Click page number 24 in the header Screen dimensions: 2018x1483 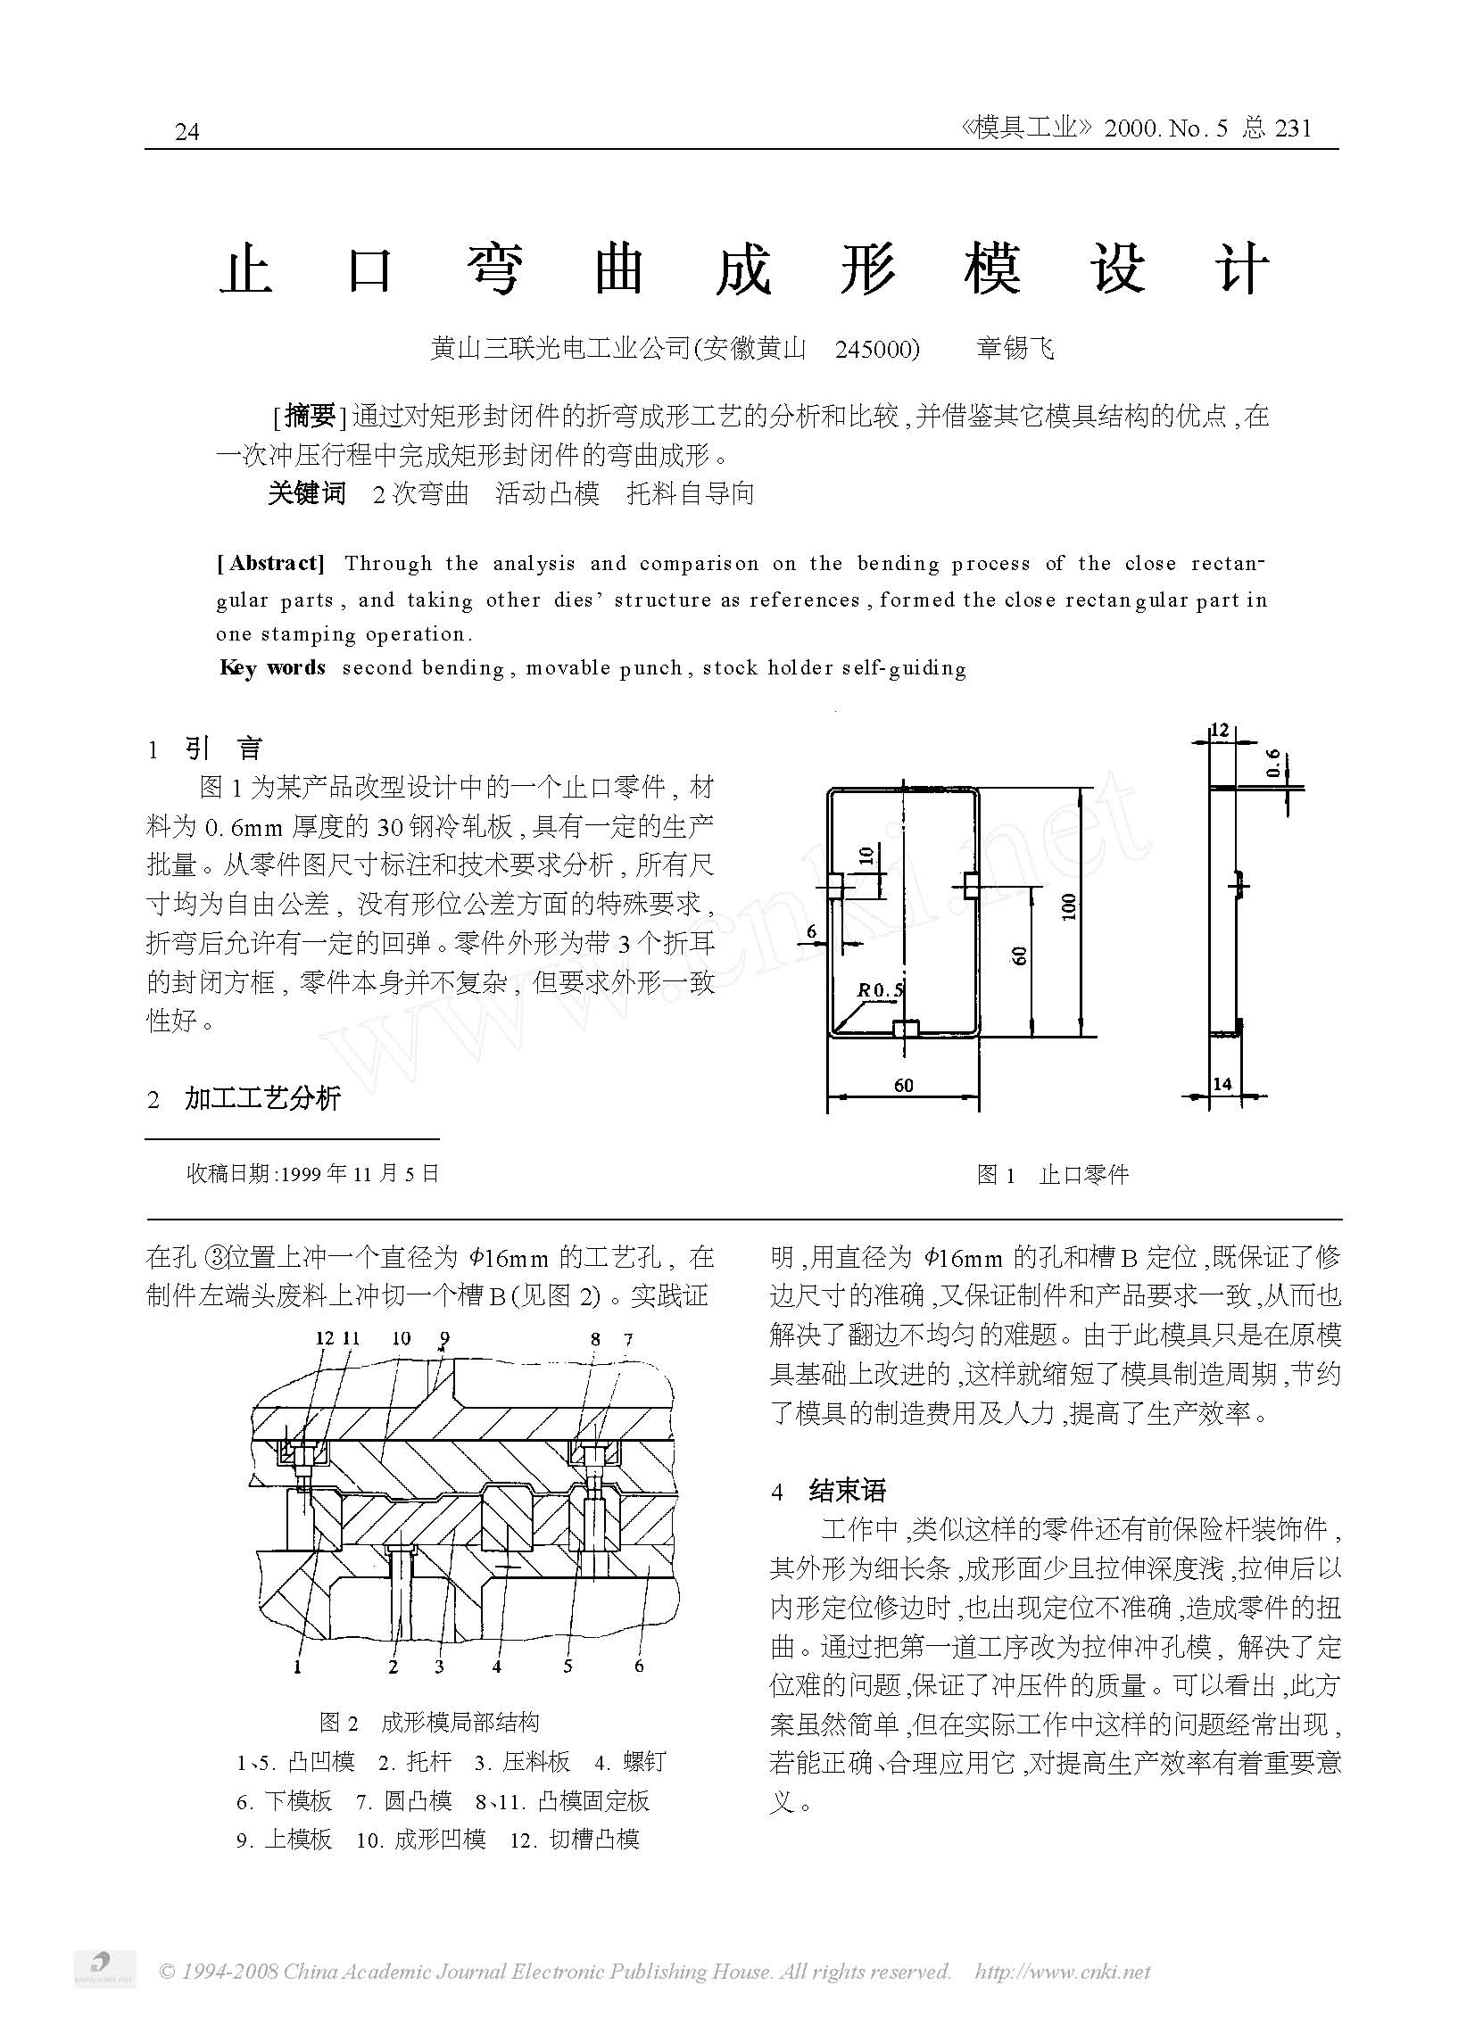(x=186, y=133)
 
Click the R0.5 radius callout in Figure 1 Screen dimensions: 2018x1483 (x=881, y=990)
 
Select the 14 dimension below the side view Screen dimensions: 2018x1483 (x=1222, y=1084)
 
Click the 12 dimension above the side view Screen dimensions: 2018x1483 (x=1218, y=731)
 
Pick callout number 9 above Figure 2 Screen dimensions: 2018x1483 (x=444, y=1339)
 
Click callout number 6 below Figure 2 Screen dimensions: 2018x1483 (x=639, y=1666)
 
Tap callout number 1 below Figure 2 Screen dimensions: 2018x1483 (x=297, y=1667)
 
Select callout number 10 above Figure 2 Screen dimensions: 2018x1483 (x=402, y=1339)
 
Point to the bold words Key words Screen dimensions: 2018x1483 (x=272, y=667)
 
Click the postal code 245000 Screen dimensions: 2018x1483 (x=877, y=349)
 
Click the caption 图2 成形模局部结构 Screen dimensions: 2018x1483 (x=429, y=1722)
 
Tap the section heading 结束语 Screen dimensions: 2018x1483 (x=847, y=1491)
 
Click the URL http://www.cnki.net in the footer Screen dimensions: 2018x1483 (x=1062, y=1971)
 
